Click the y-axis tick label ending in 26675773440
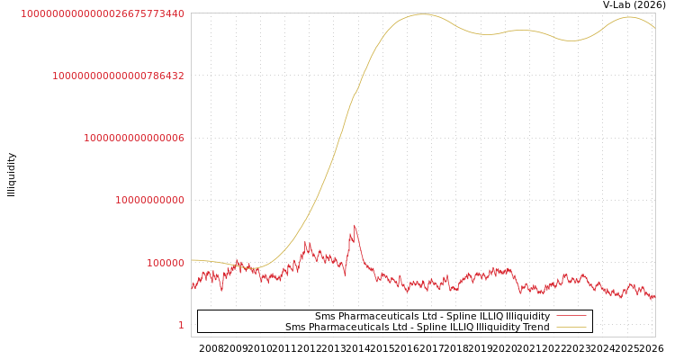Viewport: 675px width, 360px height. [103, 13]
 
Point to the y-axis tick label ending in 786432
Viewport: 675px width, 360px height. [118, 76]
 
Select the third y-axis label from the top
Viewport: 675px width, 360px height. [134, 138]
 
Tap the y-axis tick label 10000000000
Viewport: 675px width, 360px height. [149, 200]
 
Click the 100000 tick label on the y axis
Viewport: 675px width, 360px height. [166, 263]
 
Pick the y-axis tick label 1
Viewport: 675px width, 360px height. [181, 325]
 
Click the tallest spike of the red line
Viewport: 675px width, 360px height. [355, 226]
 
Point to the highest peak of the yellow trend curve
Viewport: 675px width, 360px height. [420, 14]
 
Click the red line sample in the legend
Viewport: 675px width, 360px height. [571, 316]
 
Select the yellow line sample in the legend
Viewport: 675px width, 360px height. [571, 327]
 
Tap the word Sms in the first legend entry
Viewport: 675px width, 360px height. [324, 316]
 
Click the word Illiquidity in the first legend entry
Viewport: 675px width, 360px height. [528, 316]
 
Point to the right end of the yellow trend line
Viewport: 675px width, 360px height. [654, 27]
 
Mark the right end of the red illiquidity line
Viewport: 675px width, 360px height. [654, 296]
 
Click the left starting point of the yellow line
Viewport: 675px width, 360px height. [192, 260]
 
